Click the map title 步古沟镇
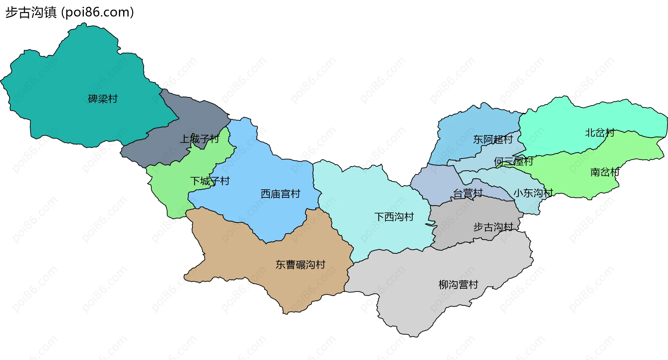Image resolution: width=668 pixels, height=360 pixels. pyautogui.click(x=31, y=13)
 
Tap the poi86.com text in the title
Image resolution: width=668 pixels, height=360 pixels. pyautogui.click(x=98, y=13)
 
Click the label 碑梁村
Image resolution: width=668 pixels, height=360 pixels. pyautogui.click(x=103, y=99)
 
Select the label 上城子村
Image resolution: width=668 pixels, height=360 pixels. pyautogui.click(x=199, y=139)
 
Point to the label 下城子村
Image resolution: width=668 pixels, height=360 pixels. pyautogui.click(x=210, y=181)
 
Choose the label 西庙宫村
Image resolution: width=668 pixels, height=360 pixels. pyautogui.click(x=280, y=194)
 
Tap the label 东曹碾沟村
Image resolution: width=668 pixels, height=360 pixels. pyautogui.click(x=300, y=265)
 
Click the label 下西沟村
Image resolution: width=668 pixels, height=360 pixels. pyautogui.click(x=394, y=217)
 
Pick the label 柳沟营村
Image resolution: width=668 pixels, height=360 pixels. pyautogui.click(x=458, y=285)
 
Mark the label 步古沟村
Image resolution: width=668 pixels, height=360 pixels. pyautogui.click(x=493, y=227)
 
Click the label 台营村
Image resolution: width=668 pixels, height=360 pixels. pyautogui.click(x=468, y=193)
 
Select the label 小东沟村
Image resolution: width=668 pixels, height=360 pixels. pyautogui.click(x=533, y=193)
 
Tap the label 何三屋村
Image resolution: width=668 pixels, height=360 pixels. pyautogui.click(x=514, y=162)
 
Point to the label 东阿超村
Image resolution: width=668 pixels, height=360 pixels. pyautogui.click(x=493, y=140)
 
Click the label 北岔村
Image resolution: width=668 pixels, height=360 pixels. pyautogui.click(x=599, y=133)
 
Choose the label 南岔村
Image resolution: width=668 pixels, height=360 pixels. pyautogui.click(x=605, y=172)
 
